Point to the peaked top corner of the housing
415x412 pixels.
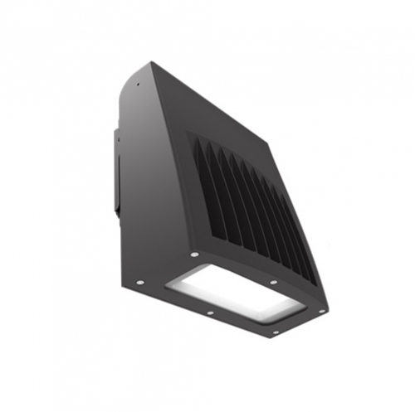pyautogui.click(x=149, y=64)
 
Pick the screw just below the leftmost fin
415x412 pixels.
pyautogui.click(x=193, y=254)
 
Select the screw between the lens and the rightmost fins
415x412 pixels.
pyautogui.click(x=272, y=281)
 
